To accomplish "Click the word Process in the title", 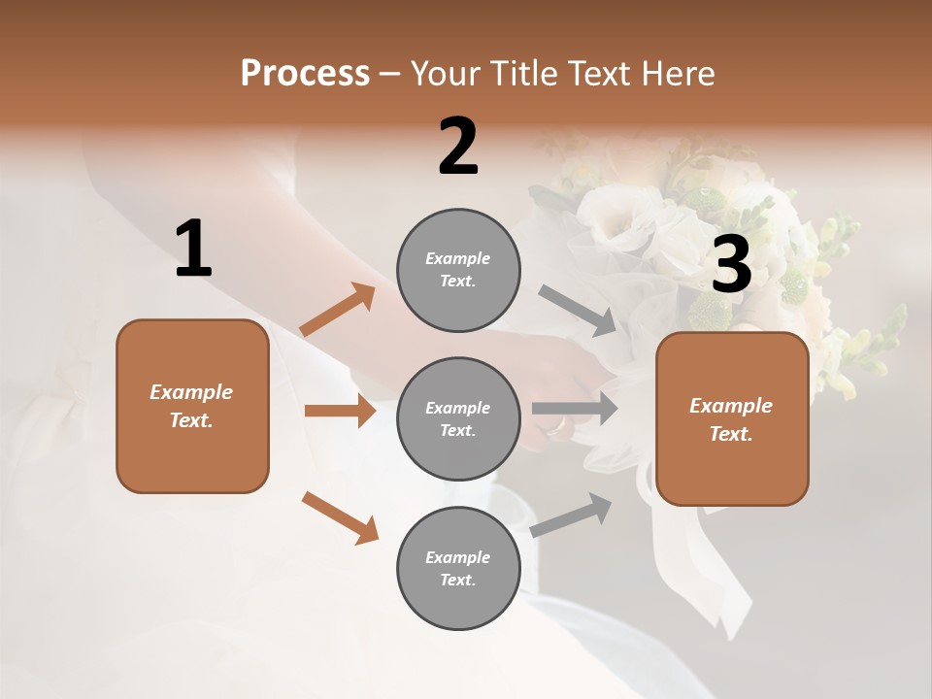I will pos(305,74).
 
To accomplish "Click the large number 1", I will pos(193,250).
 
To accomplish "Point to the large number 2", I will pos(458,147).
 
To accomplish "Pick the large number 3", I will pos(731,265).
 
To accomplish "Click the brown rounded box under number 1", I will pos(192,406).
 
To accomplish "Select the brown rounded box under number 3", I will pos(732,419).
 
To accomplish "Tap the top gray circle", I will pos(458,270).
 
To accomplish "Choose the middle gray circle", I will pos(458,418).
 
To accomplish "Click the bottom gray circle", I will pos(458,568).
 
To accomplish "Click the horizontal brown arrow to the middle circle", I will pos(340,411).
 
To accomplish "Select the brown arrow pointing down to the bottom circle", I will pos(340,517).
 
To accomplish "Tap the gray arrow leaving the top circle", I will pos(578,310).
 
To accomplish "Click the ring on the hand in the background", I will pos(556,424).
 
